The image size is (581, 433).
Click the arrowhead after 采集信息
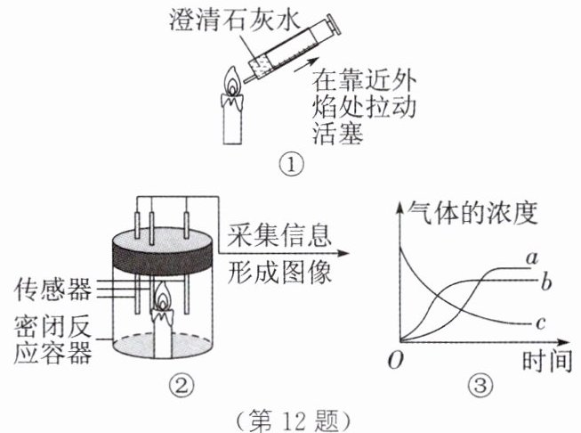[348, 253]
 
